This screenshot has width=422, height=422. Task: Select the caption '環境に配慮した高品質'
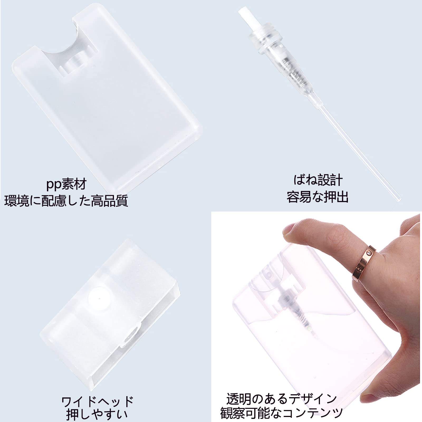pyautogui.click(x=66, y=201)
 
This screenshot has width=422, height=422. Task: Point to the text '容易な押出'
pyautogui.click(x=318, y=197)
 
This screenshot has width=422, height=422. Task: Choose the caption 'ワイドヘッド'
pyautogui.click(x=97, y=401)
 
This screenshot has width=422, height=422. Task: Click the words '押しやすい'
pyautogui.click(x=97, y=415)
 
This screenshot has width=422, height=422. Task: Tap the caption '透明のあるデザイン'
pyautogui.click(x=282, y=399)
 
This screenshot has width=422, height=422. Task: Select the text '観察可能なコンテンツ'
pyautogui.click(x=281, y=413)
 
